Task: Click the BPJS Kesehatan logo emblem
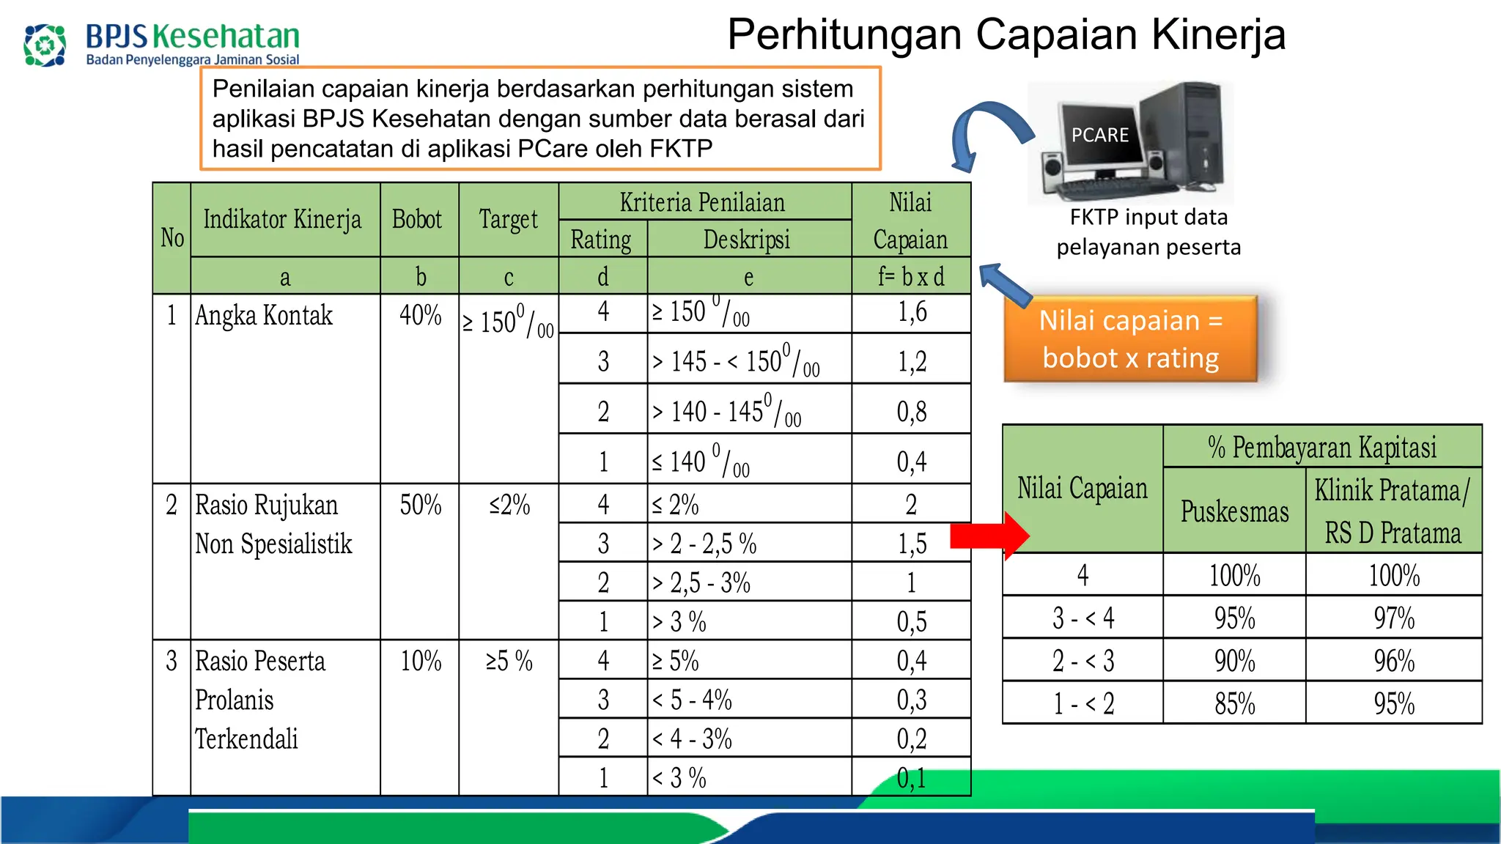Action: coord(45,45)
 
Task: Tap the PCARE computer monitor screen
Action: coord(1099,135)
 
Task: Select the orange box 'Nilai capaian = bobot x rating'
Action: coord(1131,339)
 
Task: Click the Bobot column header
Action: coord(418,219)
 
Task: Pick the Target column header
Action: coord(508,219)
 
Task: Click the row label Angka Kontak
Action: coord(264,316)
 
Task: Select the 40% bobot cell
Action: coord(420,316)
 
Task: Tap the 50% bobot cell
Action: coord(420,505)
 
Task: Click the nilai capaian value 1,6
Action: coord(912,313)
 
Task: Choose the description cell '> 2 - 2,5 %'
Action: coord(704,544)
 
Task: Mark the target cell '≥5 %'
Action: coord(509,661)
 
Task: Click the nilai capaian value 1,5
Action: coord(912,544)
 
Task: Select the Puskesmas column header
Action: coord(1234,511)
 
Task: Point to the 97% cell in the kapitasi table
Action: coord(1394,618)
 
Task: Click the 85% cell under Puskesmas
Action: coord(1234,703)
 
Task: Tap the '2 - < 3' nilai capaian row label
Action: coord(1083,661)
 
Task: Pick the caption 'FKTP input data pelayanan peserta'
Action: coord(1148,232)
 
